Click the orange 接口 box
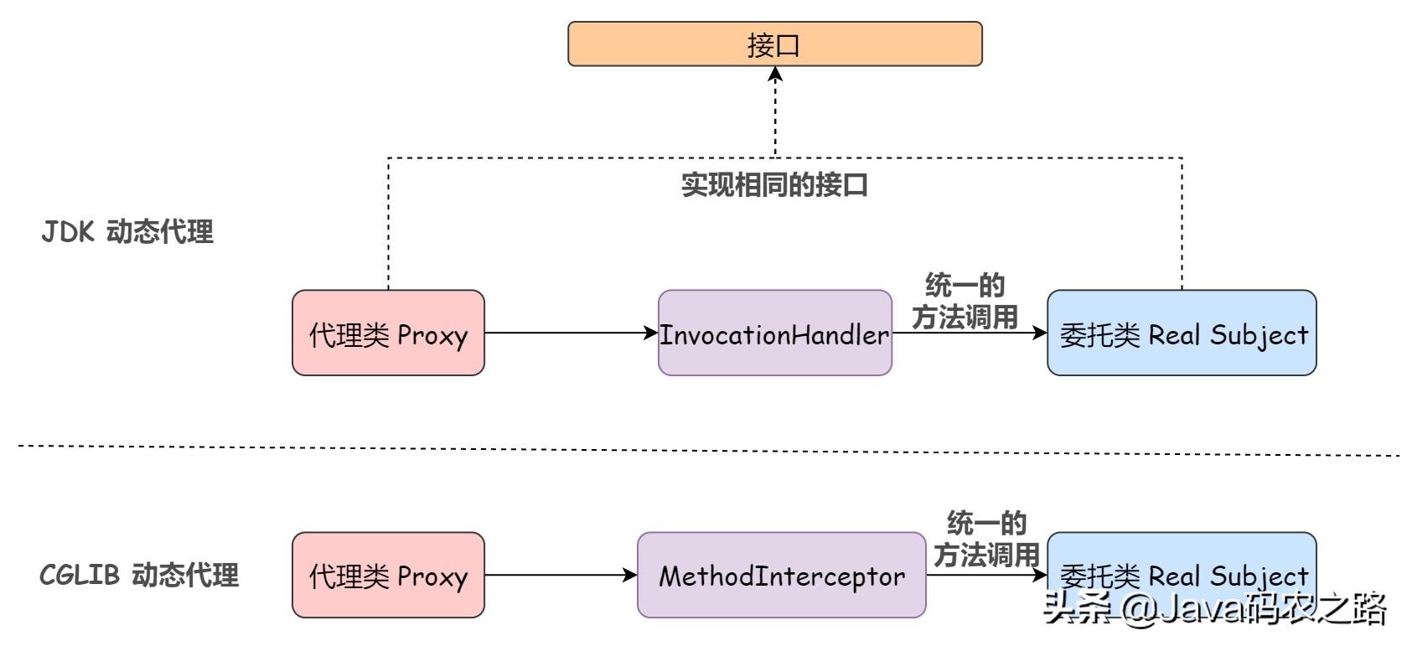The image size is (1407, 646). click(x=774, y=44)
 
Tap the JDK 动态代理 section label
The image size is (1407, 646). click(x=127, y=231)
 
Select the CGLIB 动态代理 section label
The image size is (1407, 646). click(x=139, y=575)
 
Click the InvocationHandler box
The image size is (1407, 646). click(x=774, y=333)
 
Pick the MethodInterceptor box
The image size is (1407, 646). click(x=781, y=575)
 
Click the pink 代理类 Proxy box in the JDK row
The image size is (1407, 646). click(x=388, y=333)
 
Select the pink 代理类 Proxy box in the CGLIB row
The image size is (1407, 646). click(x=388, y=575)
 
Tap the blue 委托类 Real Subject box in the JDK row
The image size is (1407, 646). click(x=1182, y=333)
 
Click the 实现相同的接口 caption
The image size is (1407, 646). click(x=774, y=184)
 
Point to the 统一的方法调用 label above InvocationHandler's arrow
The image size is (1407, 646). click(x=965, y=301)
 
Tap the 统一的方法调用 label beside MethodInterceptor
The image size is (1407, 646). click(x=986, y=539)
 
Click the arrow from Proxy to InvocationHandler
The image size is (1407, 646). click(x=570, y=333)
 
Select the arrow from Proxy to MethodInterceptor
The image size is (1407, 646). click(x=560, y=575)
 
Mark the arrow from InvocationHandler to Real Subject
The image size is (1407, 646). click(x=969, y=333)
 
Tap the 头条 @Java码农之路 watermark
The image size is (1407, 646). click(x=1215, y=608)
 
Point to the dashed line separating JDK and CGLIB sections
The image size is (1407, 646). click(x=704, y=450)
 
